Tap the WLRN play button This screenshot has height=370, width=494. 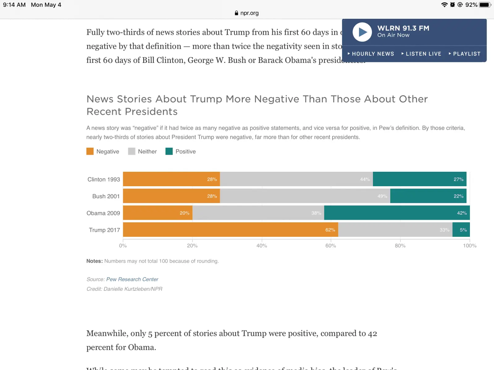tap(362, 32)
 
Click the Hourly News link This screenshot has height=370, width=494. tap(373, 54)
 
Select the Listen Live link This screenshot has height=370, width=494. tap(423, 54)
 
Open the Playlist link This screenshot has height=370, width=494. tap(466, 54)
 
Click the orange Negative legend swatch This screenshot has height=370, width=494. tap(90, 151)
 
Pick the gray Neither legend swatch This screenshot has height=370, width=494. tap(132, 151)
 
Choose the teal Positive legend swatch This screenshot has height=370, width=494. tap(169, 151)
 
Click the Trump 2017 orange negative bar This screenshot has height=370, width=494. tap(230, 230)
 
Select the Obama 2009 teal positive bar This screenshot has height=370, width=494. tap(397, 213)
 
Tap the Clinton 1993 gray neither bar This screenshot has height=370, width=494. tap(296, 179)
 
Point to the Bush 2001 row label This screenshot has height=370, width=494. tap(106, 196)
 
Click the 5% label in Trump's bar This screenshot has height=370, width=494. tap(463, 230)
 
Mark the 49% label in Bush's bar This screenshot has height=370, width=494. tap(382, 196)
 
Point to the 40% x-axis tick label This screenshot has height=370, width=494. tap(262, 246)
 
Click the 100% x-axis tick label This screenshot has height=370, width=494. tap(470, 246)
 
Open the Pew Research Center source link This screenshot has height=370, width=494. tap(132, 279)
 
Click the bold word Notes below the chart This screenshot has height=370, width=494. tap(94, 261)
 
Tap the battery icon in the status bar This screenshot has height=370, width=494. tap(485, 5)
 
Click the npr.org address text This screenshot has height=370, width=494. tap(249, 13)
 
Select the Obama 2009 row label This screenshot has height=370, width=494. tap(103, 213)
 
